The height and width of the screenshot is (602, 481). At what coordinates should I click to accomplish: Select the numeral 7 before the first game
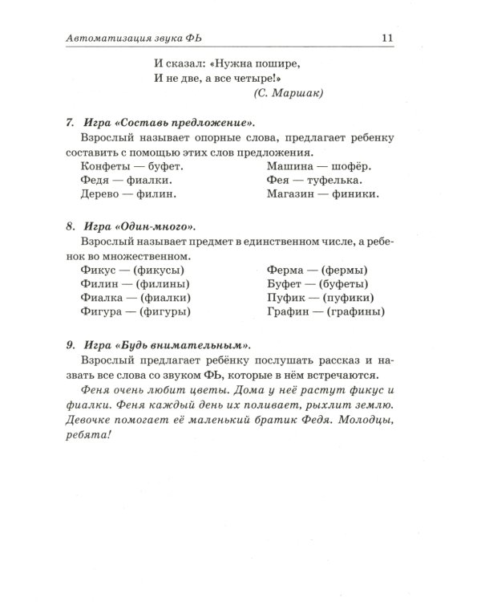click(x=70, y=123)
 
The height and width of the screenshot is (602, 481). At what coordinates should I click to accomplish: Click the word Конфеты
click(x=105, y=166)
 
